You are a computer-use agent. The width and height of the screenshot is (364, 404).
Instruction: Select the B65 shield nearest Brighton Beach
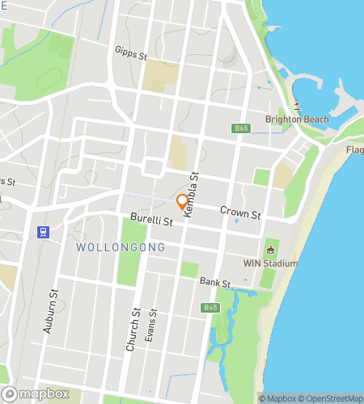(x=241, y=128)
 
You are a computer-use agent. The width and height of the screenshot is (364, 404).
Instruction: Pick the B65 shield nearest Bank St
(x=211, y=308)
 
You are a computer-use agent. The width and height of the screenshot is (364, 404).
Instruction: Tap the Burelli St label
(x=152, y=220)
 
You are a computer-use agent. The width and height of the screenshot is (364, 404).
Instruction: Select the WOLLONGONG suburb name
(x=121, y=246)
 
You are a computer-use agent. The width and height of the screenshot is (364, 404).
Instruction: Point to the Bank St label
(x=215, y=282)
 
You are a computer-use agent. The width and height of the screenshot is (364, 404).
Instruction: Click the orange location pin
(x=183, y=203)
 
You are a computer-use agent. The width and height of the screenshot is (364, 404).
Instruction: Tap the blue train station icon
(x=41, y=231)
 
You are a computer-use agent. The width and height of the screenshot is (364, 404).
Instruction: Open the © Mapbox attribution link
(x=277, y=398)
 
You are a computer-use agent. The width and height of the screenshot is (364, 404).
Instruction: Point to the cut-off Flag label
(x=354, y=150)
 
